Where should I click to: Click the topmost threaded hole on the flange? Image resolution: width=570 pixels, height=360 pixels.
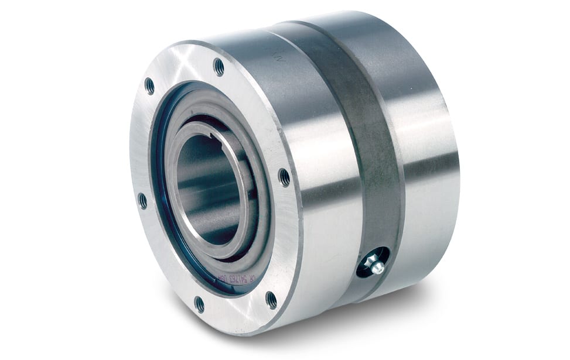[219, 67]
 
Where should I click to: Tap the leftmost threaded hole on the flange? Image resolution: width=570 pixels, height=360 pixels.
[142, 201]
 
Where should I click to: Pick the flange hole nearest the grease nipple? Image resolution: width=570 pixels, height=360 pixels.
[271, 300]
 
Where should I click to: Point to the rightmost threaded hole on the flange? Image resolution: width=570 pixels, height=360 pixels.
[284, 177]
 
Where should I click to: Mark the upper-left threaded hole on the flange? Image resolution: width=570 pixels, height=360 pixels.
[150, 86]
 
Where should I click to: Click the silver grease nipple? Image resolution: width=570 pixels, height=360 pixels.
[375, 266]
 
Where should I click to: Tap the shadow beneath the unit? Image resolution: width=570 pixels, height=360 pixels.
[351, 328]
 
